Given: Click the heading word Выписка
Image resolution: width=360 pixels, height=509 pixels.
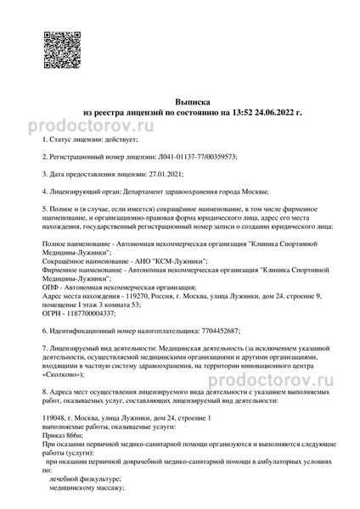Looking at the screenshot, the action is pyautogui.click(x=180, y=99).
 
